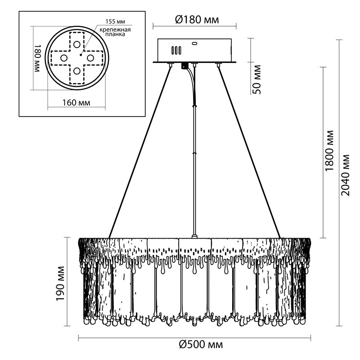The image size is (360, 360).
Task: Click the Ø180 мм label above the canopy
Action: pos(195,20)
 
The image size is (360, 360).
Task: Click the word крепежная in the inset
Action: pos(115,30)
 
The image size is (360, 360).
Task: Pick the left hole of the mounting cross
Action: pos(63,58)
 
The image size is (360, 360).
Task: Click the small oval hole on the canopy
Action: pos(195,44)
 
